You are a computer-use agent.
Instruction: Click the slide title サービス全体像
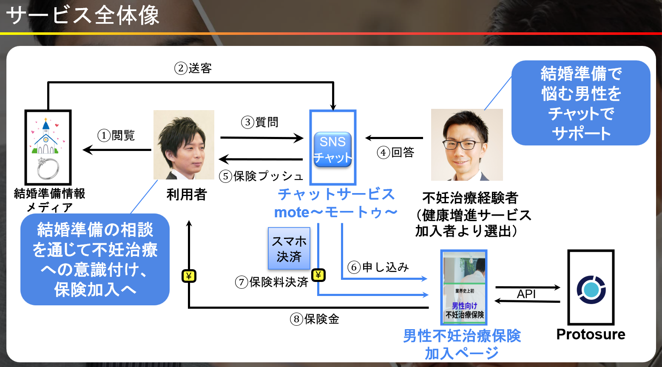tap(83, 16)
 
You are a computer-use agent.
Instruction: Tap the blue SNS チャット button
tap(332, 149)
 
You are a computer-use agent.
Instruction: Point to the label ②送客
tap(193, 68)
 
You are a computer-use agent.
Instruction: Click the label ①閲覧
tap(116, 135)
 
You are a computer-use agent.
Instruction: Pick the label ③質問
tap(260, 122)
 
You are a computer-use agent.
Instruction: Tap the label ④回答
tap(396, 152)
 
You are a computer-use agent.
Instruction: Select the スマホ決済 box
tap(289, 248)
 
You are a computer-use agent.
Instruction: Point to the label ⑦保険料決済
tap(272, 282)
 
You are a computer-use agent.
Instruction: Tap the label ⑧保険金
tap(315, 319)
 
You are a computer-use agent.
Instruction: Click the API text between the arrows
tap(526, 294)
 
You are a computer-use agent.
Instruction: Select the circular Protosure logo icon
tap(591, 290)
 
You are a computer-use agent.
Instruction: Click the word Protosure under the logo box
tap(591, 334)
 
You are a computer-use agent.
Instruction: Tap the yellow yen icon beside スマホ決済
tap(318, 275)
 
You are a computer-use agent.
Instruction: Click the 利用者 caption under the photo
tap(186, 194)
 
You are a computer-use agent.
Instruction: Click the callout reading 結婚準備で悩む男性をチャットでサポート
tap(581, 103)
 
